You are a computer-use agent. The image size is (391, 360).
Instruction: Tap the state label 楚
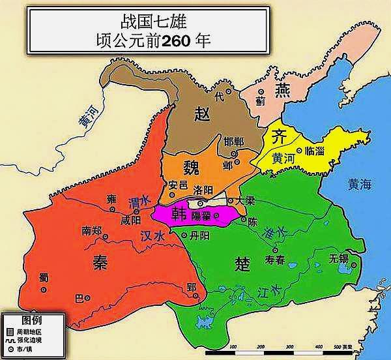pos(242,263)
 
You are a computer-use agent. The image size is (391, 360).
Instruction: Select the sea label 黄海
pos(359,185)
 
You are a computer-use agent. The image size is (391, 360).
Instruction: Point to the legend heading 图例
pos(31,320)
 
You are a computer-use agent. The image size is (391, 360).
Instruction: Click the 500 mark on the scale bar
pos(338,346)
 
